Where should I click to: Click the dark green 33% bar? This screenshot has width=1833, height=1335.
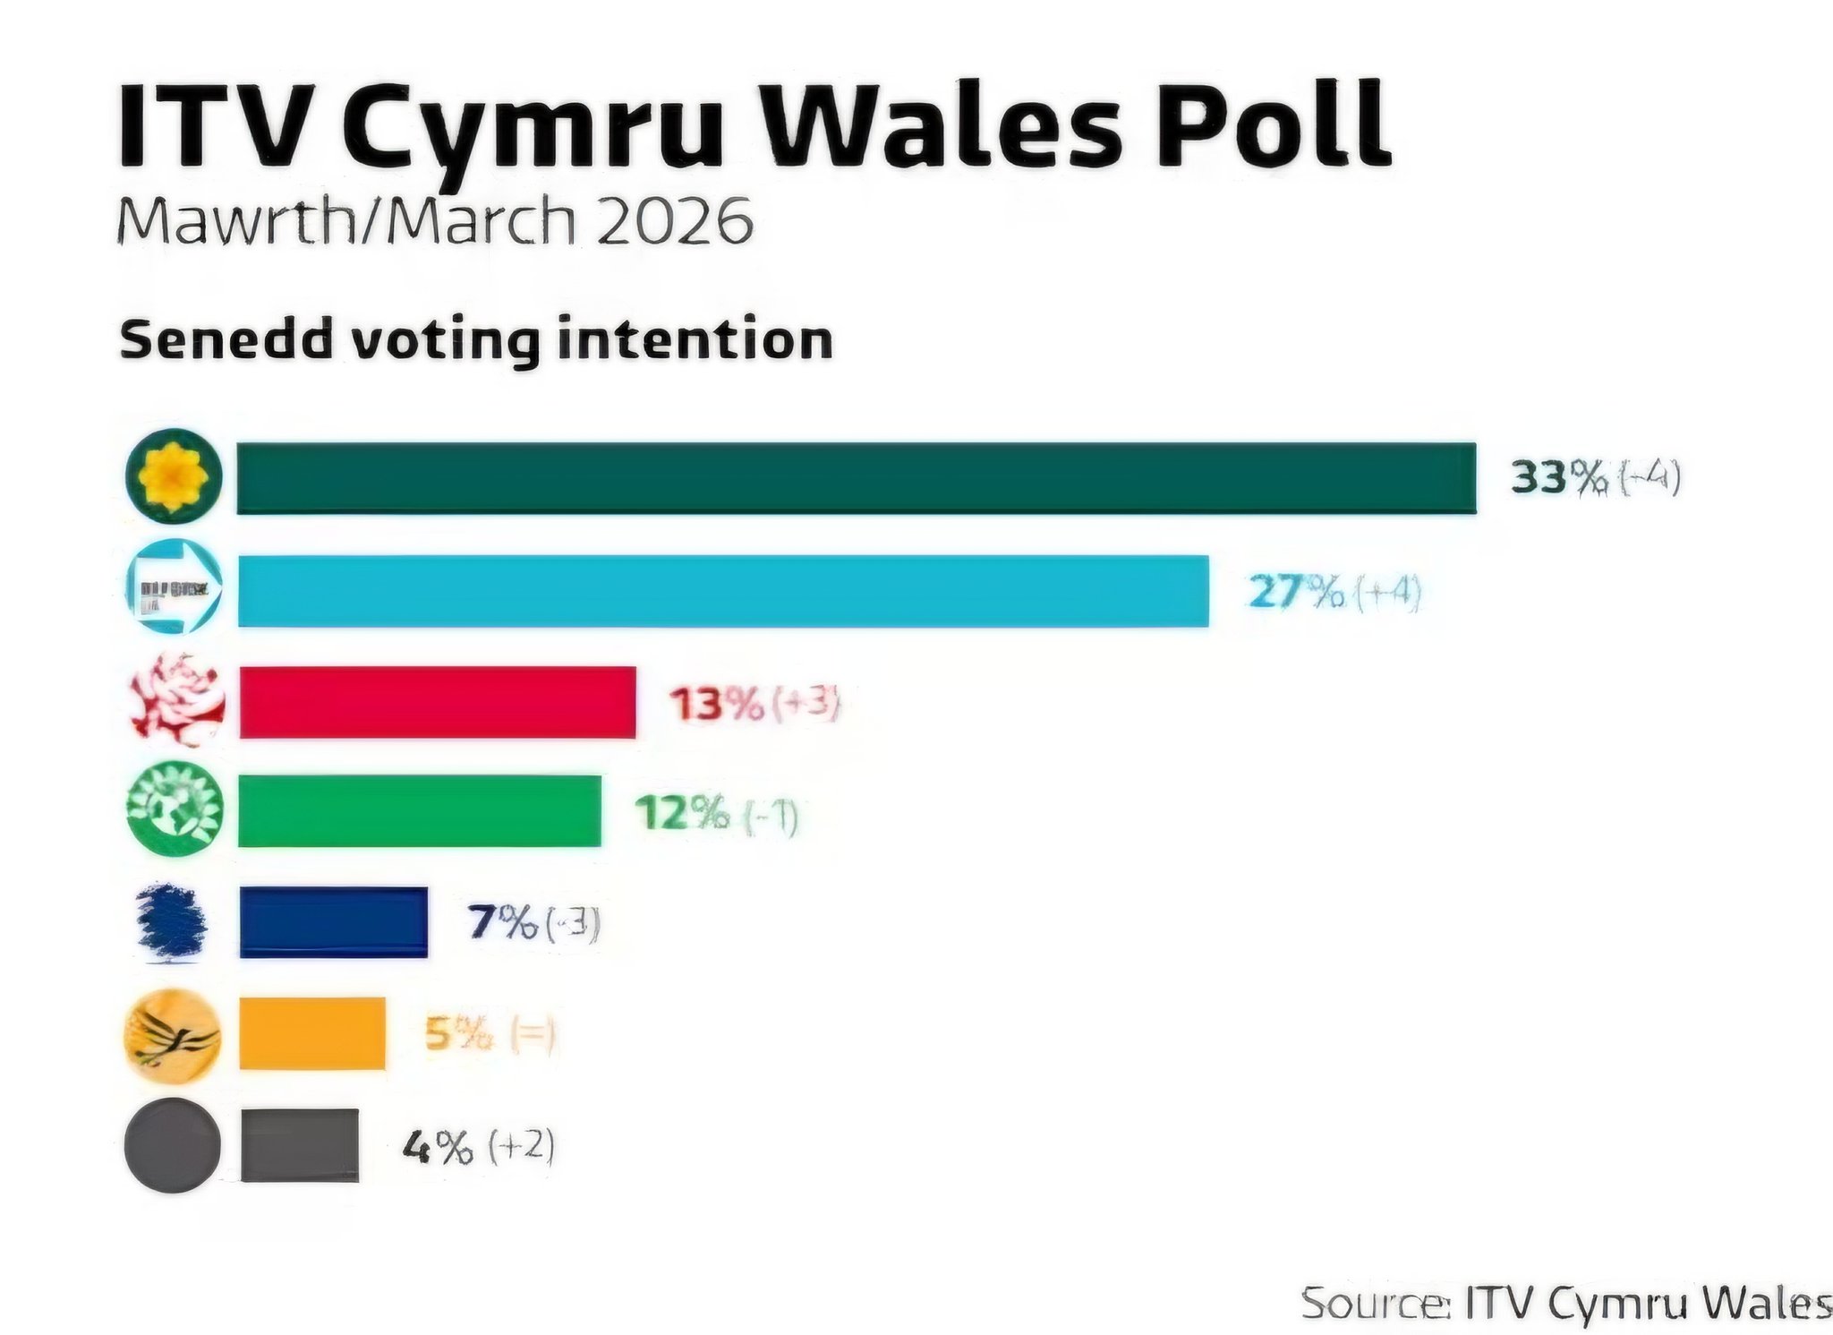(x=856, y=478)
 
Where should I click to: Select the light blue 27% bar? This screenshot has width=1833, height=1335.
(x=723, y=591)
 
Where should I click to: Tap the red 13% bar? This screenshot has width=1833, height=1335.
(x=438, y=703)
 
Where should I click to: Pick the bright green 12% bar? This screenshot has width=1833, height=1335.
(x=420, y=811)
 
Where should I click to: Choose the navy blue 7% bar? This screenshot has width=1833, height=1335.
(x=333, y=922)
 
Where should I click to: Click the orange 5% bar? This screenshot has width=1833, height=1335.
(x=312, y=1033)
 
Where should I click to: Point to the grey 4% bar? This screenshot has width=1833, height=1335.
(x=300, y=1145)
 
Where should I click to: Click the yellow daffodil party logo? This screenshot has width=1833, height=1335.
(x=173, y=475)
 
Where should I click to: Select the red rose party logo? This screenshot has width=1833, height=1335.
(x=176, y=700)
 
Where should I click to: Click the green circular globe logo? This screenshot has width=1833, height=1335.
(x=174, y=809)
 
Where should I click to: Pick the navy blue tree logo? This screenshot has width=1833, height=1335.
(x=171, y=922)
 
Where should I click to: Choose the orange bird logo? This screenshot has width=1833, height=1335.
(x=172, y=1036)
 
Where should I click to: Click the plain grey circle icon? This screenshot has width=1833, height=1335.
(x=172, y=1145)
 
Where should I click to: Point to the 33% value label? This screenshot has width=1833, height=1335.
(x=1559, y=477)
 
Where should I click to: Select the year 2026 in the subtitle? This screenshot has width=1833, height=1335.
(x=674, y=221)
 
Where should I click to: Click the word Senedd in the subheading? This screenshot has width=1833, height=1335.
(x=224, y=340)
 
